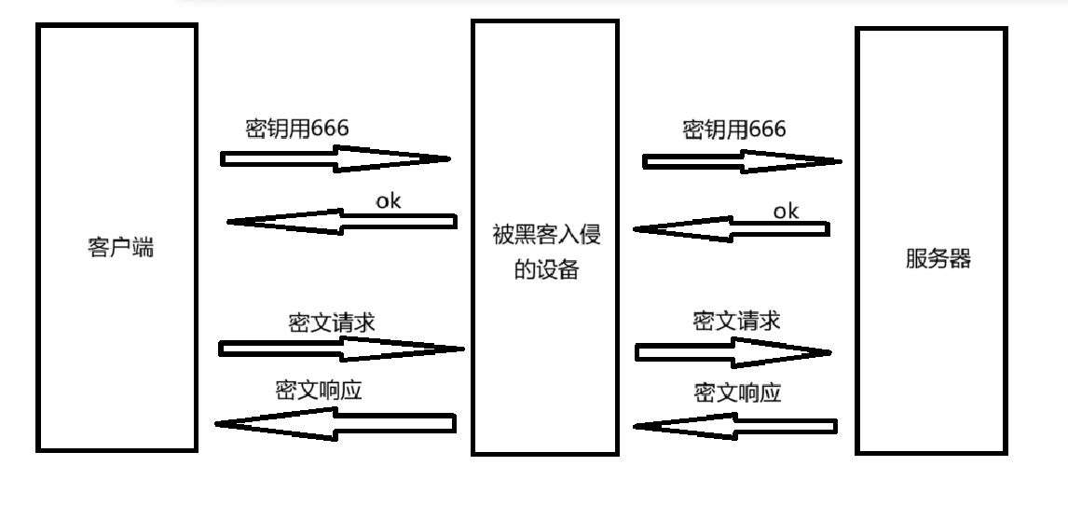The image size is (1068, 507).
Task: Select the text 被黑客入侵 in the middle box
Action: pyautogui.click(x=546, y=234)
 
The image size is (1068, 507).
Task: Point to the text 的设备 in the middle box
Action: pyautogui.click(x=546, y=270)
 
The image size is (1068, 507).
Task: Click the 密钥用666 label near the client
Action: pyautogui.click(x=297, y=129)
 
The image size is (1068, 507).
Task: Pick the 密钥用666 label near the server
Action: pyautogui.click(x=734, y=129)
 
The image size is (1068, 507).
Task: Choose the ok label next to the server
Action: pyautogui.click(x=786, y=211)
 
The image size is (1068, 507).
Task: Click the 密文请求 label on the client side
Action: pyautogui.click(x=332, y=322)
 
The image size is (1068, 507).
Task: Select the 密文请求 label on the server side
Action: pyautogui.click(x=736, y=322)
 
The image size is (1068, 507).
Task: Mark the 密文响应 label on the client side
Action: pyautogui.click(x=319, y=390)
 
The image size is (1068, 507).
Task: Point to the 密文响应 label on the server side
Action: pyautogui.click(x=737, y=391)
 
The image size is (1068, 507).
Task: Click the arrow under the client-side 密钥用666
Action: pyautogui.click(x=335, y=158)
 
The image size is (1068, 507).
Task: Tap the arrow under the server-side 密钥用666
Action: pyautogui.click(x=742, y=161)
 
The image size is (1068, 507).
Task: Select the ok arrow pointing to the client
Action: pyautogui.click(x=342, y=222)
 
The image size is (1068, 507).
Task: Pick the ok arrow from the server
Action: pyautogui.click(x=731, y=229)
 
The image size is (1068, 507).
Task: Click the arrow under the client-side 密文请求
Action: pyautogui.click(x=341, y=349)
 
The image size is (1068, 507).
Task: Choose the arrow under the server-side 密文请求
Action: pyautogui.click(x=733, y=352)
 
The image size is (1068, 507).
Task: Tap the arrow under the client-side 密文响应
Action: pyautogui.click(x=335, y=424)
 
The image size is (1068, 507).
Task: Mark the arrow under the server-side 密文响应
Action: pyautogui.click(x=734, y=427)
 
